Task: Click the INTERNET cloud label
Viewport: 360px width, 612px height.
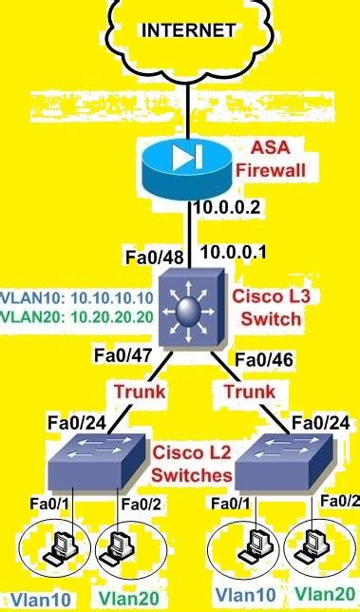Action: pyautogui.click(x=188, y=30)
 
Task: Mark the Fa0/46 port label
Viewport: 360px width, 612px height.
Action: pyautogui.click(x=260, y=360)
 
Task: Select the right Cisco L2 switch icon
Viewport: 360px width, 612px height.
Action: pyautogui.click(x=284, y=463)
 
